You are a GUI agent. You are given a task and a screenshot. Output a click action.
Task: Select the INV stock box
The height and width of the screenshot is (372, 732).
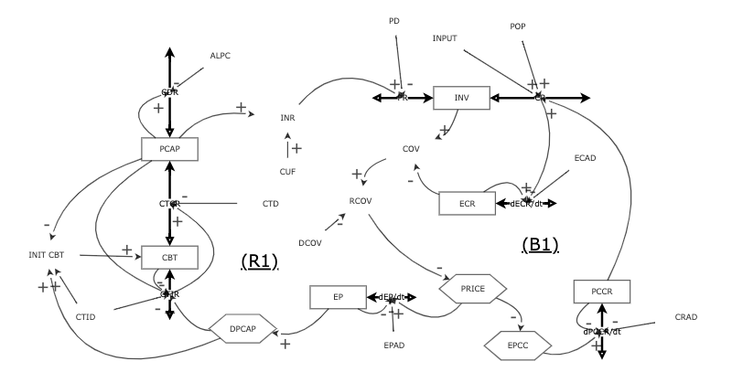[x=462, y=96]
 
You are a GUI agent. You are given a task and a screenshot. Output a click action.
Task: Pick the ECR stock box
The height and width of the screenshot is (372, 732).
[x=466, y=202]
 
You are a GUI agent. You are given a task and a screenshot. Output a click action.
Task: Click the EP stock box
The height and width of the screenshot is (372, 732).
[x=337, y=298]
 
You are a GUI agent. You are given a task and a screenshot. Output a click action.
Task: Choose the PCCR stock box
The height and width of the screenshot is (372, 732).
[x=601, y=292]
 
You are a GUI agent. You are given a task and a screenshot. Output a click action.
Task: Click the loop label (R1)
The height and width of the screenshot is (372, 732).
[x=259, y=262]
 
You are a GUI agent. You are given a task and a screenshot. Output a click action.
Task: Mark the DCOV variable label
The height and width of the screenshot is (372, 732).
[x=313, y=242]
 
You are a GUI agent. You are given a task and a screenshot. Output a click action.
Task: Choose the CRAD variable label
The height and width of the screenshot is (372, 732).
[x=687, y=316]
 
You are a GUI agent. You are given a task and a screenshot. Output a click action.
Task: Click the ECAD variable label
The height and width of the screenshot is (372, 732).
[x=586, y=159]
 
